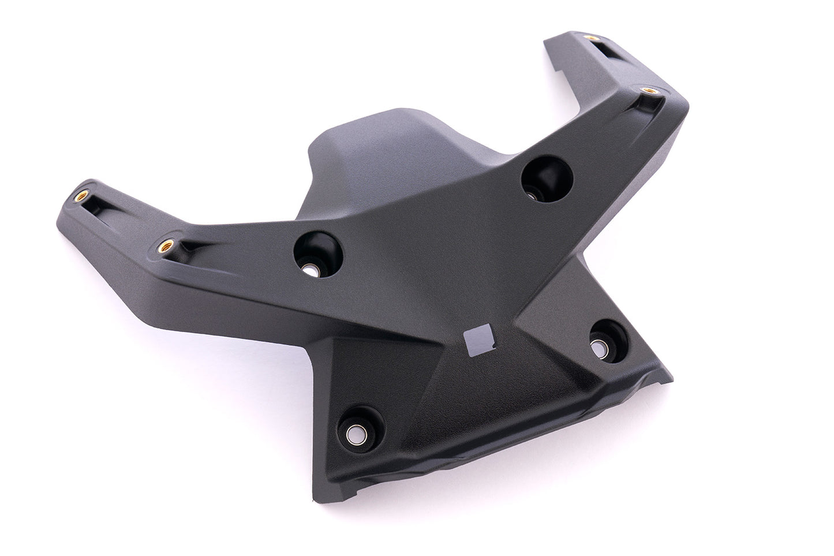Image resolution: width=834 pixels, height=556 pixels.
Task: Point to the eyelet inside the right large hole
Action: pos(533,193)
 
